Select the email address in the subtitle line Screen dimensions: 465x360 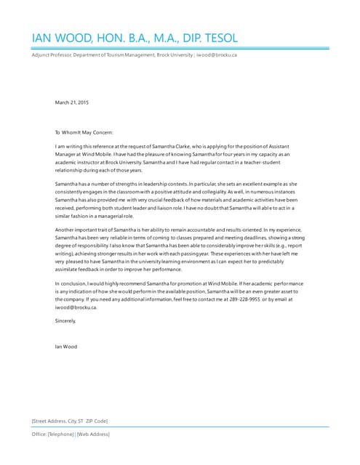click(217, 55)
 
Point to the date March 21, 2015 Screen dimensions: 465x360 click(72, 102)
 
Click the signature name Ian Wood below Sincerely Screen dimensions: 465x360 click(65, 347)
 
